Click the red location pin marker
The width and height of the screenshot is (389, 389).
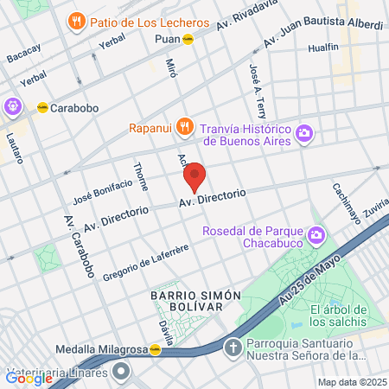coord(194,177)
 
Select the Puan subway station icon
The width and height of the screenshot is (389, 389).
coord(200,39)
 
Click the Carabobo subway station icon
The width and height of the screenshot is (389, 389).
coord(41,108)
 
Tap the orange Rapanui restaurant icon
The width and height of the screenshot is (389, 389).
coord(183,128)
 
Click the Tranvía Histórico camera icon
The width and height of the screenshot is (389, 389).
coord(303,133)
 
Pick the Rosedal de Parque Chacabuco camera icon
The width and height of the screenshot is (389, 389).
coord(316,234)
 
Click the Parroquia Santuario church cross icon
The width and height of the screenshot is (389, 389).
coord(232,348)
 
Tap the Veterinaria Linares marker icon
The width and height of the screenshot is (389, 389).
coord(120,373)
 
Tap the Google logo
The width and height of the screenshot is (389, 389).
coord(29,377)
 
